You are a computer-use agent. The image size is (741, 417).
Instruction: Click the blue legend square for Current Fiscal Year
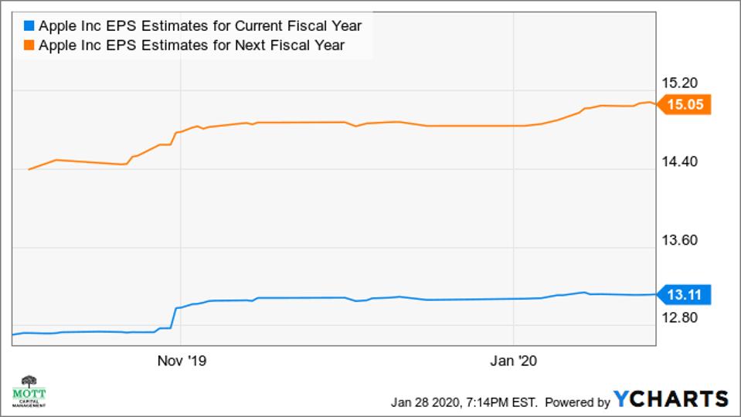29,26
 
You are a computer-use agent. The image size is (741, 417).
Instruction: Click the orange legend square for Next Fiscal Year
29,46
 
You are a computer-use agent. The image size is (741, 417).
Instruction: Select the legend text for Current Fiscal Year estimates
199,26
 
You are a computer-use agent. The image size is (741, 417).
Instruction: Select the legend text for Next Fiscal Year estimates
191,46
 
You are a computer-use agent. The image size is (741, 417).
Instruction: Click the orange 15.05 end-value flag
685,105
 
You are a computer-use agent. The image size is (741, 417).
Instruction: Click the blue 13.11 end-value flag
685,294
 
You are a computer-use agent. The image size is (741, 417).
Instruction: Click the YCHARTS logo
671,399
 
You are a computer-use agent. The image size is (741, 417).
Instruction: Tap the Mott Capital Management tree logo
29,390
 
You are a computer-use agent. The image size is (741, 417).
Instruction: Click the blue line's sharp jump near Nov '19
175,318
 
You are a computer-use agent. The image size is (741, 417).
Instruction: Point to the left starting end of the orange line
29,169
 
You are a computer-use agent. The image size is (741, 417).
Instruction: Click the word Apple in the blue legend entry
56,26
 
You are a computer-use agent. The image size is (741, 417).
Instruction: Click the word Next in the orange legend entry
248,46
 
